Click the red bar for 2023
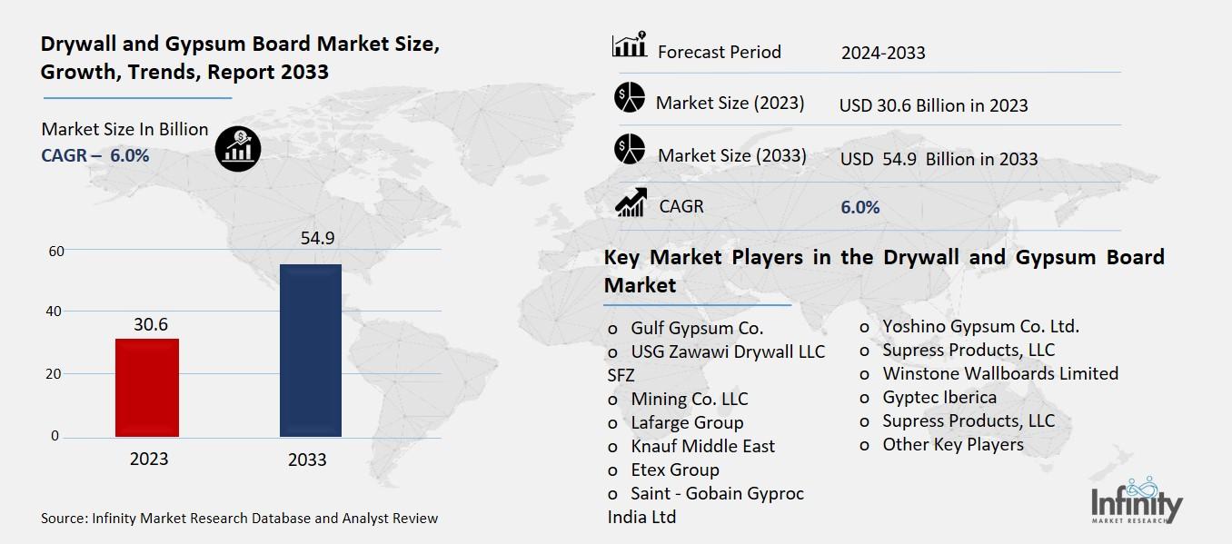point(147,387)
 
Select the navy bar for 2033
point(310,351)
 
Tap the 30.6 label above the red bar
point(151,324)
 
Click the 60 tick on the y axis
point(55,251)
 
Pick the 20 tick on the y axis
point(55,373)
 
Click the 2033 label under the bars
point(307,460)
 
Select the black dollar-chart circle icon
point(238,146)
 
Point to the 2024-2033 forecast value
point(883,53)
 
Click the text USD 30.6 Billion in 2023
point(933,105)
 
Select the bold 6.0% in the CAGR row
point(859,207)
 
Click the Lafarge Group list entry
point(687,422)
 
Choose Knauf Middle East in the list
point(702,446)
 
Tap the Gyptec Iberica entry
point(939,397)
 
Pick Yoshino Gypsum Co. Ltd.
point(980,326)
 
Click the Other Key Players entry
point(953,444)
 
